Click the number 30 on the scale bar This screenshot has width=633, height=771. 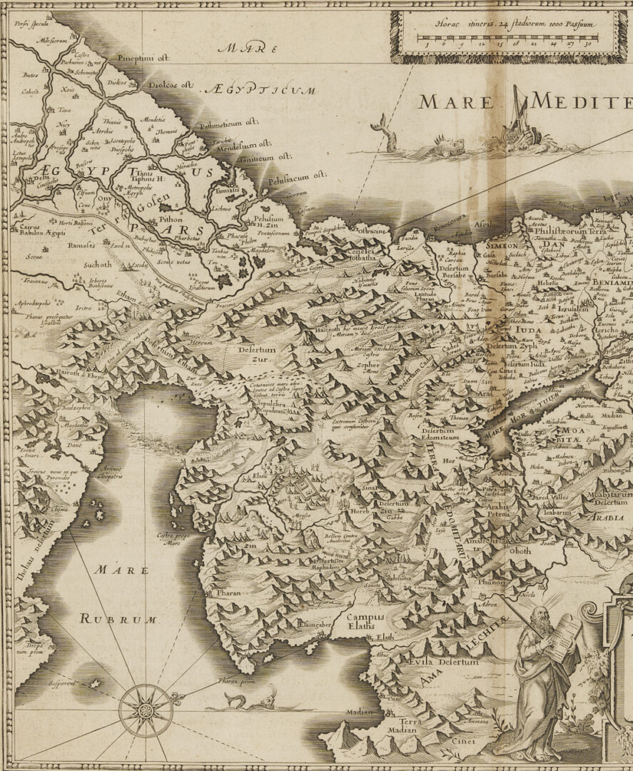587,44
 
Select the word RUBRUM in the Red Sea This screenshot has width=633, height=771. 117,619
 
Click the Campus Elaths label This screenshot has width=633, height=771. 365,622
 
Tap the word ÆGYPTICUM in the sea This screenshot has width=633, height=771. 259,90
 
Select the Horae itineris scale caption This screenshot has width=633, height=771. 500,21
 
